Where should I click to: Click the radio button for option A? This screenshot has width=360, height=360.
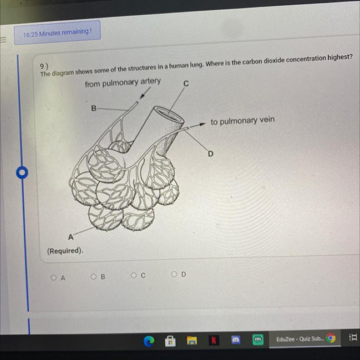click(x=54, y=278)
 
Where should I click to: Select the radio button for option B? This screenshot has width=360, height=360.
click(x=93, y=277)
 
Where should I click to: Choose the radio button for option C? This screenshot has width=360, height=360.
click(x=133, y=275)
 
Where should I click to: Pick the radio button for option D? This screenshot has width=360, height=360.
click(x=174, y=274)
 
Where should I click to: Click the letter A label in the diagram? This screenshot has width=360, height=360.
click(x=71, y=237)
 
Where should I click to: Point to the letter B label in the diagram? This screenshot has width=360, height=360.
click(x=93, y=108)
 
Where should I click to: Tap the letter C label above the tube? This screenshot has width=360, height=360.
click(x=186, y=83)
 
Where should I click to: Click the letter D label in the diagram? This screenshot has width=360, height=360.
click(x=210, y=153)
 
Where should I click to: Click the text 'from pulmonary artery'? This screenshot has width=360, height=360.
click(x=123, y=83)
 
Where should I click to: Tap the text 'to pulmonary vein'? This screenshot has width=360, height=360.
click(x=243, y=120)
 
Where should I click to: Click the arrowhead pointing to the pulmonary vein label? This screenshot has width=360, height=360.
click(x=202, y=124)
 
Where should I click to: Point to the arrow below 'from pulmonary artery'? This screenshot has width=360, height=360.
click(x=145, y=93)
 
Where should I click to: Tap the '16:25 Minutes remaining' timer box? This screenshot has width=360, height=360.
click(x=57, y=33)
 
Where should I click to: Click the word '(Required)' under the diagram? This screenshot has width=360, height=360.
click(x=65, y=251)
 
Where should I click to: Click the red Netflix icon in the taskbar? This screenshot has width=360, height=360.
click(x=213, y=340)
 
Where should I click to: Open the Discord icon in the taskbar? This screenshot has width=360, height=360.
click(x=236, y=340)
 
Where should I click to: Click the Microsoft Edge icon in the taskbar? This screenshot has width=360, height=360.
click(x=149, y=341)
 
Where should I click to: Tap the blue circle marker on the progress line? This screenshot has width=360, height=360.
click(x=22, y=172)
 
